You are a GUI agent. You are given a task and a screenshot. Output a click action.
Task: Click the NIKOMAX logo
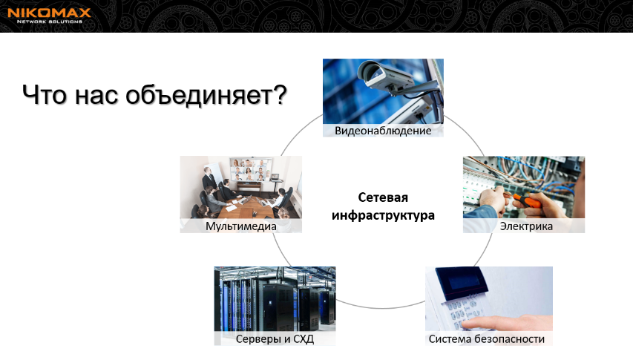(x=49, y=16)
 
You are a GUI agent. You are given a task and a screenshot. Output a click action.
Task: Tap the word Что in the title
(x=45, y=95)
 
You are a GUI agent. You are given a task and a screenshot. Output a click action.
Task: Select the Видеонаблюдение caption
(x=383, y=131)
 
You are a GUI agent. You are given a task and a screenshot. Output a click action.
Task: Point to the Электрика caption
(x=526, y=226)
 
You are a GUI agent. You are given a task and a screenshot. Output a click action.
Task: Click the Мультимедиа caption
(x=241, y=226)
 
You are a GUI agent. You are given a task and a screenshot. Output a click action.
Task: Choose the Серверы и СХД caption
(x=275, y=339)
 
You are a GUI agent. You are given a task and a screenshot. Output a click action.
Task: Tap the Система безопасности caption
(x=487, y=339)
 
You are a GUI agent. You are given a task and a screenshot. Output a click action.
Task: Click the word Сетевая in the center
(x=383, y=197)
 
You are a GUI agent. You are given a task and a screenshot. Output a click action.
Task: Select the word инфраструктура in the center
(x=383, y=215)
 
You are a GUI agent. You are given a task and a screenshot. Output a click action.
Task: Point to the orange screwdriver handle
(x=527, y=200)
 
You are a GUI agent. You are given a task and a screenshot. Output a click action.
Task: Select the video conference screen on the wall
(x=250, y=169)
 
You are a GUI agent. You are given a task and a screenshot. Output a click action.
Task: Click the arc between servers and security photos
(x=380, y=308)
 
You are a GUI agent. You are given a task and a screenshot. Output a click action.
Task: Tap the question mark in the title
(x=279, y=94)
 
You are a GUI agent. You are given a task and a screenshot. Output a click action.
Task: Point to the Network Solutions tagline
(x=49, y=22)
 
